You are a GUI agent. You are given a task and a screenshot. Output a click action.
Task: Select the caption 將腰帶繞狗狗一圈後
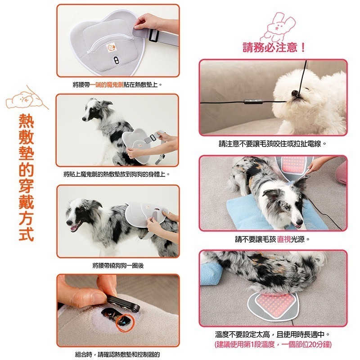[117, 265]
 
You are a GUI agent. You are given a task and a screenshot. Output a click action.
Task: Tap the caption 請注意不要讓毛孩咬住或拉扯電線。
[273, 144]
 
